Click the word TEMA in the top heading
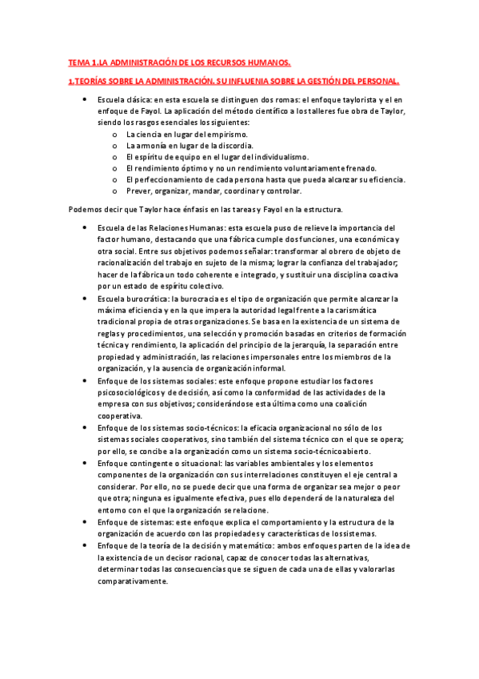click(x=78, y=62)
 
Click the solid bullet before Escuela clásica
click(x=86, y=98)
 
